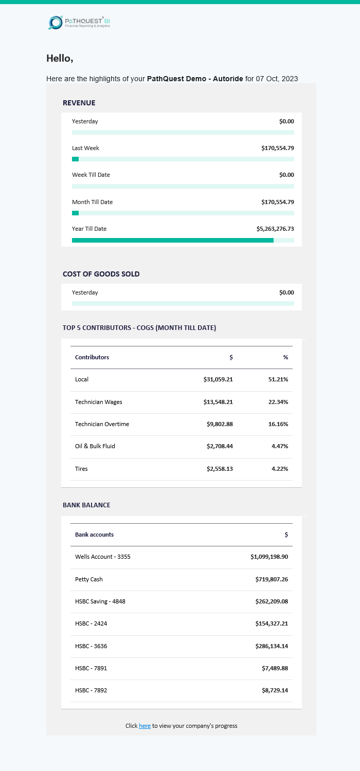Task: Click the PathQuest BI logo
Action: (79, 22)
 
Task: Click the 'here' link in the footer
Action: (145, 726)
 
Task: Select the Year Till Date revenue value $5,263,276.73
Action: (275, 229)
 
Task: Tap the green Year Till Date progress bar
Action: (173, 240)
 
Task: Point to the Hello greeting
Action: (60, 59)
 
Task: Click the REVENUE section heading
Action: (79, 103)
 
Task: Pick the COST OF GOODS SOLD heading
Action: (101, 274)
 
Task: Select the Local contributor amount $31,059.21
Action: (218, 379)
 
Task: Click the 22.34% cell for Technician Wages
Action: (278, 402)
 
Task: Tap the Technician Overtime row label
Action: (102, 424)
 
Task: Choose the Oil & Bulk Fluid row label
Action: (95, 446)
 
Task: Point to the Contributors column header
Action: (92, 357)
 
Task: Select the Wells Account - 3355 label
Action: (103, 557)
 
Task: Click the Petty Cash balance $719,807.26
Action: (272, 579)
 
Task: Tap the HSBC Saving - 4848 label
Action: (100, 601)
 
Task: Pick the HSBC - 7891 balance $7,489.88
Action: (275, 668)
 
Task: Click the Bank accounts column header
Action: (94, 535)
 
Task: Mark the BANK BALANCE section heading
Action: (86, 505)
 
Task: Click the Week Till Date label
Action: (91, 175)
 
